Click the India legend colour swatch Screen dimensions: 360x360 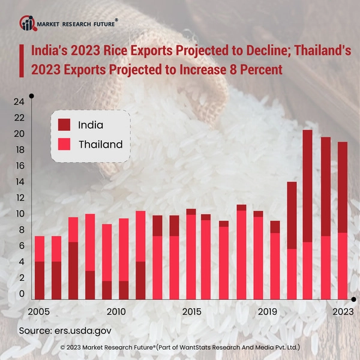[x=64, y=125]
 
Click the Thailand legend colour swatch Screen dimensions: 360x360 [x=64, y=144]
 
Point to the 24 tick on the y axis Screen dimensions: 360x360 [x=19, y=101]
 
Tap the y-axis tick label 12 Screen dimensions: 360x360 [x=19, y=198]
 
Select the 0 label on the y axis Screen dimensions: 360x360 [x=22, y=294]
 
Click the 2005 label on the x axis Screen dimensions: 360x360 [x=39, y=312]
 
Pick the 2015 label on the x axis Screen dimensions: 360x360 [x=191, y=312]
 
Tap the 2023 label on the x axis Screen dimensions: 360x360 [x=343, y=312]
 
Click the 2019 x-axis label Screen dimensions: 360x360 [x=267, y=312]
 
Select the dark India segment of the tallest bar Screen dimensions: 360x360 [x=308, y=186]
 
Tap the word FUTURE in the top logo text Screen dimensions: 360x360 [x=99, y=24]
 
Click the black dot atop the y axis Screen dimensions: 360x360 [x=31, y=95]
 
